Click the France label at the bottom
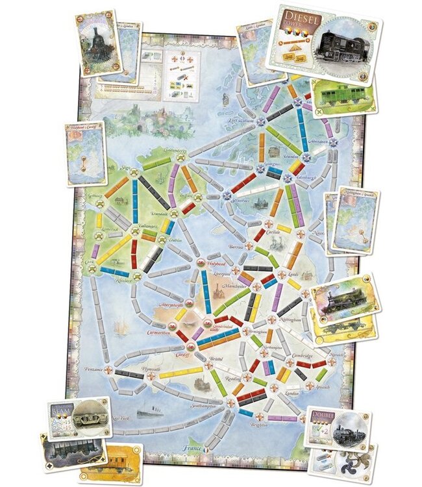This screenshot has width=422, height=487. click(x=192, y=448)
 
